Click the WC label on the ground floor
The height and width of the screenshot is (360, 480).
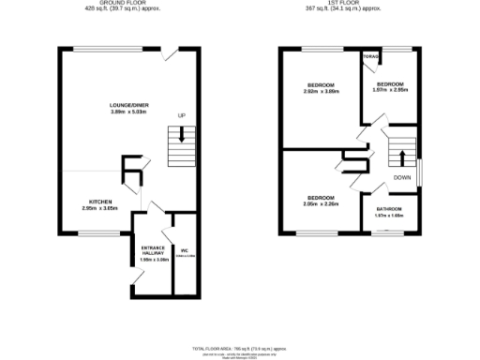(185, 250)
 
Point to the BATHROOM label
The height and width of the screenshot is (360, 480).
(388, 208)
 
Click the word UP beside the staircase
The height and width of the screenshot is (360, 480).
(182, 116)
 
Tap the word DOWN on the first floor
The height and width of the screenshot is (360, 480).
(402, 177)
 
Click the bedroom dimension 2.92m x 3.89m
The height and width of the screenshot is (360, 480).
(322, 91)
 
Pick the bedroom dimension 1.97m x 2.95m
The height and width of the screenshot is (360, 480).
(389, 91)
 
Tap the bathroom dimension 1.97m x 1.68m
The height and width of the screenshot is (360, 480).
(388, 216)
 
